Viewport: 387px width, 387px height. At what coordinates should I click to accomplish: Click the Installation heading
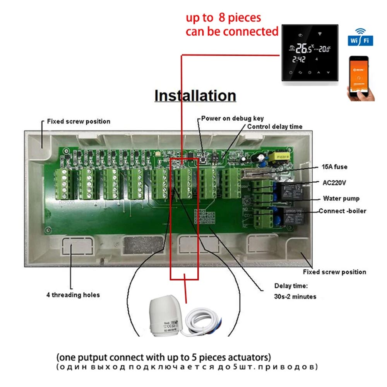point(195,95)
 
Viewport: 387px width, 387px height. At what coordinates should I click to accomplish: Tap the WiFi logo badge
point(360,39)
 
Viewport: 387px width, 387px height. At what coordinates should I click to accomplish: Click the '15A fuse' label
point(335,167)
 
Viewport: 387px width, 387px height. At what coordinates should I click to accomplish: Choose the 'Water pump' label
point(341,199)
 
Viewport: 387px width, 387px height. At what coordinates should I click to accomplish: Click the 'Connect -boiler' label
point(342,211)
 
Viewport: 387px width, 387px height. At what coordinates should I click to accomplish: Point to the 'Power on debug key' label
point(232,118)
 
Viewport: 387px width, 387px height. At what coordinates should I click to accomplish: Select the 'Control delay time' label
point(275,127)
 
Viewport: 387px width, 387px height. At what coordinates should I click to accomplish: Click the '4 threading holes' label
point(73,295)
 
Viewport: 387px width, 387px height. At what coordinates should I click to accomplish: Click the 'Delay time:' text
point(291,286)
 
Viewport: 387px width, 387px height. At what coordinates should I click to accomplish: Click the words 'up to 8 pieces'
point(223,17)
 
